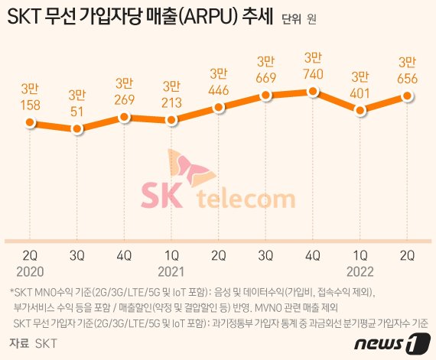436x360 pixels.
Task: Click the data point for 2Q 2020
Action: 30,123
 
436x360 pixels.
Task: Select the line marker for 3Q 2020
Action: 77,128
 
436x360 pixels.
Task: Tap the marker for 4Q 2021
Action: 313,92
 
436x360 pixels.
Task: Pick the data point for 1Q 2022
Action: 360,110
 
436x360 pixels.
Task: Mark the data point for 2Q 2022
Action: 408,96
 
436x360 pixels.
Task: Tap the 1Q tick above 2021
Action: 171,253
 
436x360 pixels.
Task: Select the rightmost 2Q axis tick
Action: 408,253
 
